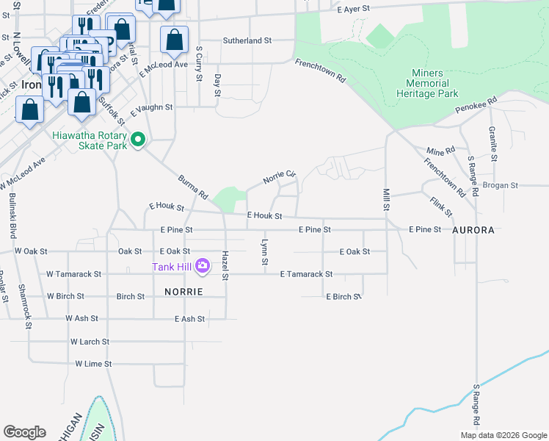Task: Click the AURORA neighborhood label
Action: pyautogui.click(x=473, y=230)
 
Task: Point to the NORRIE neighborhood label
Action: pyautogui.click(x=178, y=292)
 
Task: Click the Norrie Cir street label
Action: pyautogui.click(x=279, y=176)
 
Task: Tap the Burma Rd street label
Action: pyautogui.click(x=193, y=187)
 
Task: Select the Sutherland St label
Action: pyautogui.click(x=247, y=41)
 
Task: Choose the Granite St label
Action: pyautogui.click(x=493, y=144)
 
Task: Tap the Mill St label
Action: pyautogui.click(x=385, y=199)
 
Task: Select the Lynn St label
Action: pyautogui.click(x=264, y=252)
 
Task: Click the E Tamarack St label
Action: pyautogui.click(x=306, y=274)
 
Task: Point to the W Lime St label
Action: pyautogui.click(x=92, y=364)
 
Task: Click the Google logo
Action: pyautogui.click(x=24, y=432)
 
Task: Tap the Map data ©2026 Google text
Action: pyautogui.click(x=503, y=435)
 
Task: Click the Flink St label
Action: pyautogui.click(x=441, y=207)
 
